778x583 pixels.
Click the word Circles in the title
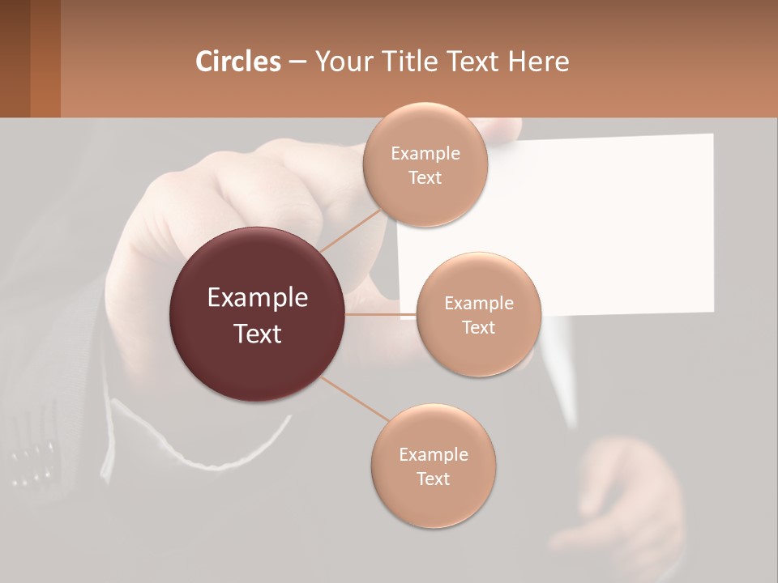(237, 62)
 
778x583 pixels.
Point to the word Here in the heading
(538, 62)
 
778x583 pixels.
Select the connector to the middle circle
(381, 314)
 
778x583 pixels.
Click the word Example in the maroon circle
(258, 298)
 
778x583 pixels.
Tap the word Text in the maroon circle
(258, 334)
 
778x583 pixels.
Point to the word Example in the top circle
(425, 154)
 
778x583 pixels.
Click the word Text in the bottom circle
(433, 479)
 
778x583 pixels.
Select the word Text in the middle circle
(478, 327)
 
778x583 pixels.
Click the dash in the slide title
(297, 62)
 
